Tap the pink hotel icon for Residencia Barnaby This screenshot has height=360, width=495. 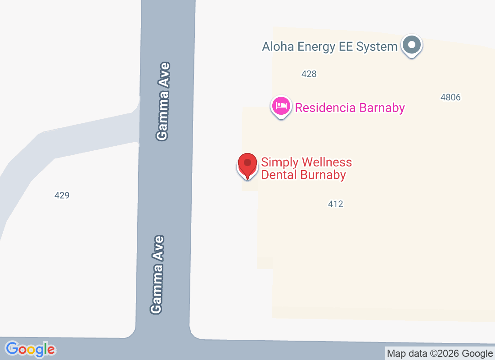(x=281, y=107)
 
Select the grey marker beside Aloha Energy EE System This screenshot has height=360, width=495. (x=411, y=45)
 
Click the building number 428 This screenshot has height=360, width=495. (x=309, y=74)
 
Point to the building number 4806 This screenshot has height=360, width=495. (x=450, y=97)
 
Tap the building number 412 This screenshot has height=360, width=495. (x=336, y=204)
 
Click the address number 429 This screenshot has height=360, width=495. (x=62, y=195)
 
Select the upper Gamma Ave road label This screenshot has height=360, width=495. (x=163, y=101)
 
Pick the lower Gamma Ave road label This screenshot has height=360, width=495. (x=157, y=274)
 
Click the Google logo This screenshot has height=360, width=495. (x=31, y=349)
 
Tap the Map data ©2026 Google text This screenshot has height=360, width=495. (x=440, y=354)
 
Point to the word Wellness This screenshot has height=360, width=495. (x=327, y=162)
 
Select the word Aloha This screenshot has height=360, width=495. (x=275, y=47)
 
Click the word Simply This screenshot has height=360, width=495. (x=280, y=162)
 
